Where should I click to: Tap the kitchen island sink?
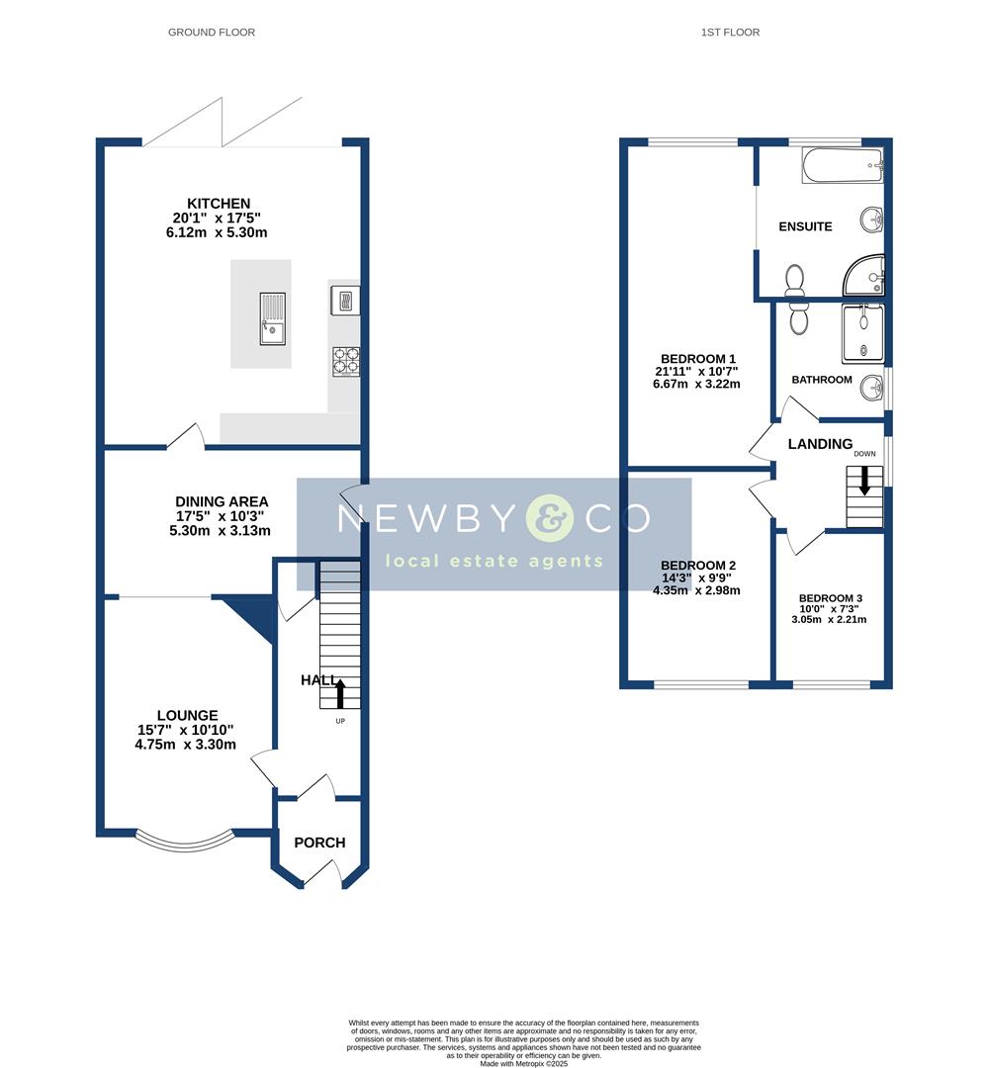tap(273, 318)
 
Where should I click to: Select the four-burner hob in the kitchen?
tap(345, 360)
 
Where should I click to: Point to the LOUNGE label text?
tap(187, 716)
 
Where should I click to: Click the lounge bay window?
tap(185, 841)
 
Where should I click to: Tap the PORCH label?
tap(320, 843)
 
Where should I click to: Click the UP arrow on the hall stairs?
tap(340, 694)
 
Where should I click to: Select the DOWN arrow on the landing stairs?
tap(865, 481)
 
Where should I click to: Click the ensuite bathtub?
tap(842, 165)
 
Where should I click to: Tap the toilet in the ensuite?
tap(793, 282)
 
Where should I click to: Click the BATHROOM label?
tap(822, 380)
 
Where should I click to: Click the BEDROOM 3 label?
tap(831, 598)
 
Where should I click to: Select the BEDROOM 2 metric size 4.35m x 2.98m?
tap(696, 590)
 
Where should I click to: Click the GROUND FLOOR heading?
tap(212, 33)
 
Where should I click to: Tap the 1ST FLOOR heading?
tap(730, 33)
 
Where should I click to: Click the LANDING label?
tap(820, 444)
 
